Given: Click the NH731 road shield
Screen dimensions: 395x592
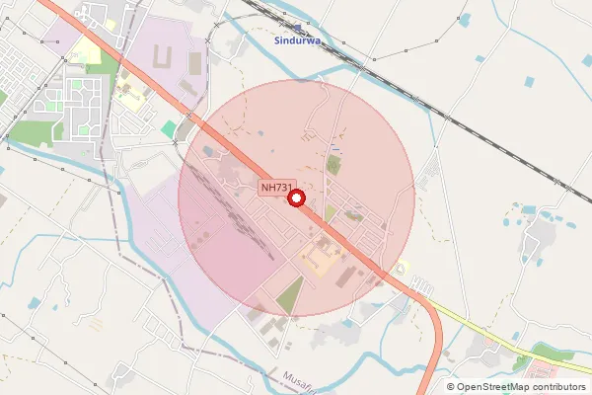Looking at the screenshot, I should click(276, 188).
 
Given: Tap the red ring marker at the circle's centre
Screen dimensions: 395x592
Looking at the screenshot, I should click(296, 198).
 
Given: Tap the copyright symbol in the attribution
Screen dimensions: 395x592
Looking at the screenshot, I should click(451, 387).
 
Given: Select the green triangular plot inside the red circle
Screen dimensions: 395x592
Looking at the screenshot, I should click(290, 294).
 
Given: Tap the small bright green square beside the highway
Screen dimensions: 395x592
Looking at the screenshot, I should click(169, 129).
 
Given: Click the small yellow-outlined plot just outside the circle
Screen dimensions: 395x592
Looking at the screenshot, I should click(401, 268).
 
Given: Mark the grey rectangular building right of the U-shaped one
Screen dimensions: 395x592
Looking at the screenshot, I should click(193, 64).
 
